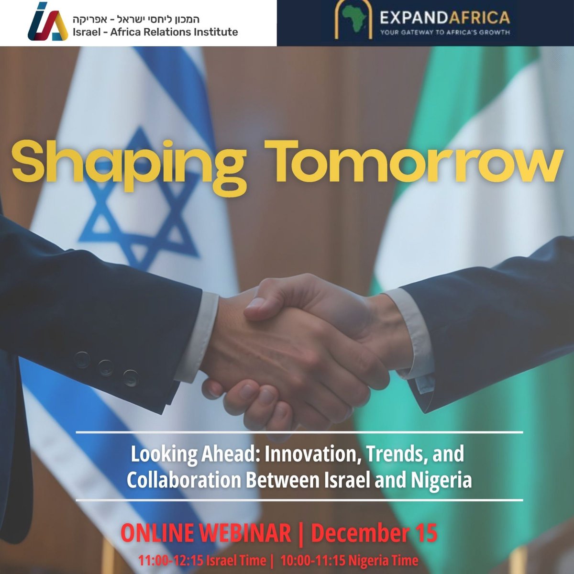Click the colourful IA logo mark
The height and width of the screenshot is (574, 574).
click(x=46, y=23)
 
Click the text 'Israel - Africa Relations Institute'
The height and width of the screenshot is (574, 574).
click(x=155, y=33)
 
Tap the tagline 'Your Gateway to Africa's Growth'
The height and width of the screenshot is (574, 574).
click(x=444, y=33)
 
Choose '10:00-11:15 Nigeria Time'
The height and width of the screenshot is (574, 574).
click(x=349, y=560)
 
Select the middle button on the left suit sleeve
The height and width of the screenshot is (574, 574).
click(x=105, y=367)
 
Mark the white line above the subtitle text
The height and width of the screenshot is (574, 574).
click(x=299, y=432)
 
